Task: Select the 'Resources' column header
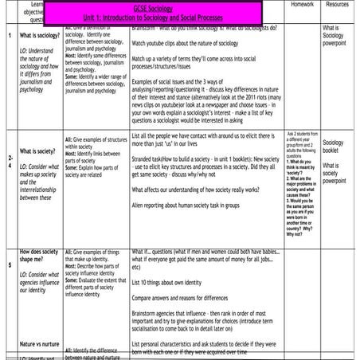click(338, 5)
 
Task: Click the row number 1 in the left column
click(8, 37)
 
